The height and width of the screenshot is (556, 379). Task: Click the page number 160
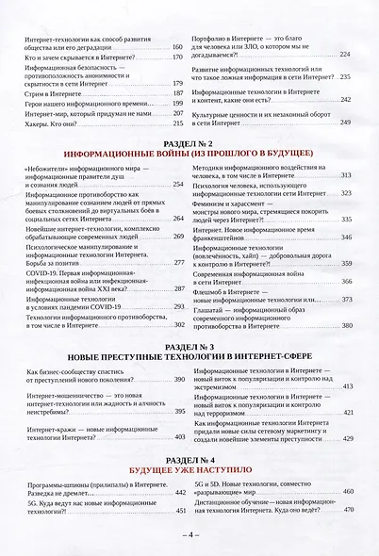coord(176,46)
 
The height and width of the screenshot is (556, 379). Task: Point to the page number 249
coord(346,123)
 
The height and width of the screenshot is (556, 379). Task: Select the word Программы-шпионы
coord(58,483)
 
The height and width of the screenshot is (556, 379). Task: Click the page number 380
coord(346,325)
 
